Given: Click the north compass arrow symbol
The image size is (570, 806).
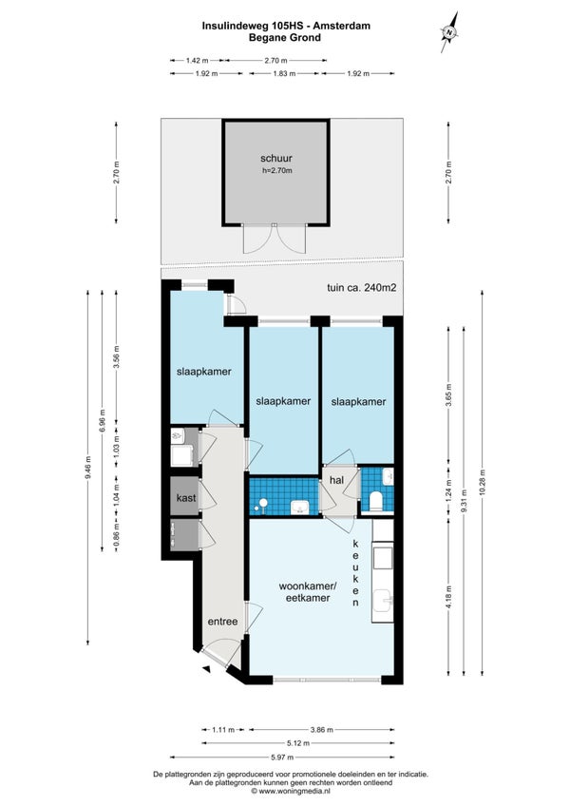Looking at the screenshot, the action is click(x=449, y=32).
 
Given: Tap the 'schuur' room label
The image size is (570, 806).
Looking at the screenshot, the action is click(x=276, y=159).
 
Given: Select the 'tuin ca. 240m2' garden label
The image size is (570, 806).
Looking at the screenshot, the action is click(x=361, y=288).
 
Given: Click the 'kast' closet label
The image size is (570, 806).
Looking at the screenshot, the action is click(x=185, y=498).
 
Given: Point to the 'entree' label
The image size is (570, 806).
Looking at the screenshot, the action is click(x=222, y=622).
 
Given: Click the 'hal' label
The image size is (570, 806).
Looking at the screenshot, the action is click(x=336, y=480).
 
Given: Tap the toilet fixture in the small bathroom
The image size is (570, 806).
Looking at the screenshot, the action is click(x=376, y=501).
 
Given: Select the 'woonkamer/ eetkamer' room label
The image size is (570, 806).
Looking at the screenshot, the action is click(x=308, y=591).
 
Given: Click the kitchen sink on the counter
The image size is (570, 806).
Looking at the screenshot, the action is click(x=383, y=601).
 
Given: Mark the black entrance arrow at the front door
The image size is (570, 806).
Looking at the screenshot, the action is click(x=207, y=669).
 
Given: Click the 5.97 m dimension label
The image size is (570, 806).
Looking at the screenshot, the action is click(x=282, y=758).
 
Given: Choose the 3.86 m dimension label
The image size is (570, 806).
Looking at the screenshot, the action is click(x=322, y=729).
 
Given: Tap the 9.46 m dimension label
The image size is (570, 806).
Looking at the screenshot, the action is click(x=88, y=468).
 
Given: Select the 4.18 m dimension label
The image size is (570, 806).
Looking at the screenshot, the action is click(x=448, y=598).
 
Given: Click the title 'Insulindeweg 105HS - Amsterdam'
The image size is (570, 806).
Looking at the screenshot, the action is click(x=286, y=26).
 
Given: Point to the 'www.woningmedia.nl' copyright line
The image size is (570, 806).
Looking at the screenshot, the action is click(x=291, y=791).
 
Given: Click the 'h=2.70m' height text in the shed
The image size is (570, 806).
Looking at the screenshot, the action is click(x=276, y=171).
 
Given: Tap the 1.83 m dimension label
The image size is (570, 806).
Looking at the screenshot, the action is click(x=284, y=73).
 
